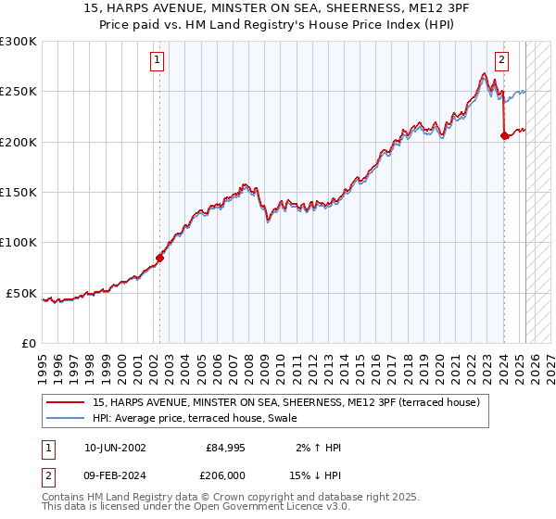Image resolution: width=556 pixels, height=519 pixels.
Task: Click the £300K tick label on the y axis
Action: (x=19, y=42)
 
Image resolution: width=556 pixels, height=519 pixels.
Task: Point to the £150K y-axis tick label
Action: (x=19, y=192)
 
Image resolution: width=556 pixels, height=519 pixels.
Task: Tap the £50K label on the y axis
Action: (x=22, y=293)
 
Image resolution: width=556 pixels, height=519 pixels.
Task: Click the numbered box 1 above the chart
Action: (x=158, y=61)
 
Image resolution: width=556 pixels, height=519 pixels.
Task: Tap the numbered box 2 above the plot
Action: (x=501, y=61)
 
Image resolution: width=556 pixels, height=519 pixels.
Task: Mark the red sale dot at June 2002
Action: (x=159, y=259)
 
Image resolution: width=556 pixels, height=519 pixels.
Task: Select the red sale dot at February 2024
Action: (x=504, y=136)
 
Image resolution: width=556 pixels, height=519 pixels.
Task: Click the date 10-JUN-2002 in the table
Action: (x=115, y=448)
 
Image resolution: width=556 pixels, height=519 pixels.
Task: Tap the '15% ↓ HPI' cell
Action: (x=318, y=474)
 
